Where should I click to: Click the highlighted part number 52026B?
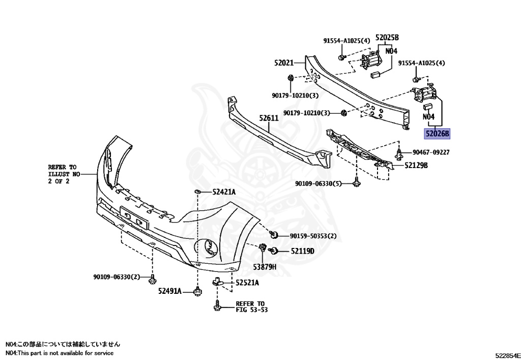[x=438, y=134]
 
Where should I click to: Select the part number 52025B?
[x=387, y=38]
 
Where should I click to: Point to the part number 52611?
[x=269, y=118]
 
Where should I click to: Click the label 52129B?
[x=416, y=165]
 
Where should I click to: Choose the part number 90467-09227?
[x=431, y=152]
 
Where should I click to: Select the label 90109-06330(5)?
[x=319, y=183]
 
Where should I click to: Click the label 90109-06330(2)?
[x=116, y=277]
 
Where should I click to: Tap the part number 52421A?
[x=224, y=192]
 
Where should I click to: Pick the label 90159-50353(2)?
[x=313, y=236]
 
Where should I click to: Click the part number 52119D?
[x=303, y=251]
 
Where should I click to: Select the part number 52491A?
[x=169, y=291]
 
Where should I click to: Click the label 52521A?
[x=247, y=283]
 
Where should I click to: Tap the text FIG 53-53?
[x=251, y=310]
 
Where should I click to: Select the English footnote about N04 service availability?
[x=60, y=353]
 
